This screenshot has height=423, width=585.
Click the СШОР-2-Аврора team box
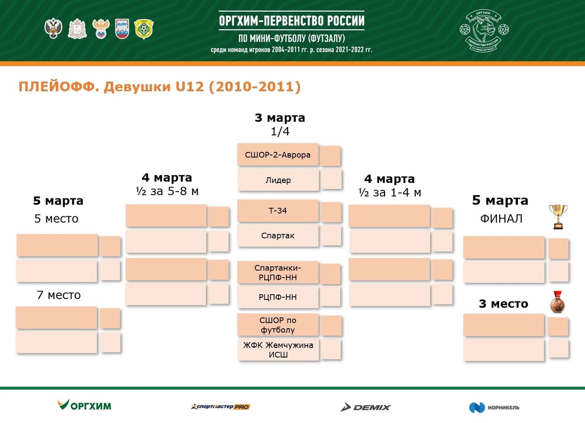coord(278,155)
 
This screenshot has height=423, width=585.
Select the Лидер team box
coord(278,180)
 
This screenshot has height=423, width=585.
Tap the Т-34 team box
coord(278,211)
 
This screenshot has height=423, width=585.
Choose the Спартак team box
coord(278,236)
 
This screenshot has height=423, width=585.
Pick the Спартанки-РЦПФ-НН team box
coord(278,272)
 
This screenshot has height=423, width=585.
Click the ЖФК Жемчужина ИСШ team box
coord(278,349)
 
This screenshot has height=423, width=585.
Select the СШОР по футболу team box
coord(278,325)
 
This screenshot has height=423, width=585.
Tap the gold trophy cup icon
coord(558,217)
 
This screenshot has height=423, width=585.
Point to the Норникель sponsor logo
coord(494,407)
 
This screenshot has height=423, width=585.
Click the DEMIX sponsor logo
coord(366,407)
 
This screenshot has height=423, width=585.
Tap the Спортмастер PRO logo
coord(220,407)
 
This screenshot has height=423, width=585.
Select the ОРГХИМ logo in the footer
coord(85,405)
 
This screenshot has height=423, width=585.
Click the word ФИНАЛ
coord(501,219)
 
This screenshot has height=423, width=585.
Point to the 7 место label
coord(59,295)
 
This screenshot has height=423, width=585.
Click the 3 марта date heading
coord(280,118)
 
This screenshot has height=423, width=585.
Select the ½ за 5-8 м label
coord(167,191)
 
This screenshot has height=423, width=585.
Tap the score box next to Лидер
coord(331,179)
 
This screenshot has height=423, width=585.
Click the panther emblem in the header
coord(484,30)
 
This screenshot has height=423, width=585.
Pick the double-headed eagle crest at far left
coord(53,28)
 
